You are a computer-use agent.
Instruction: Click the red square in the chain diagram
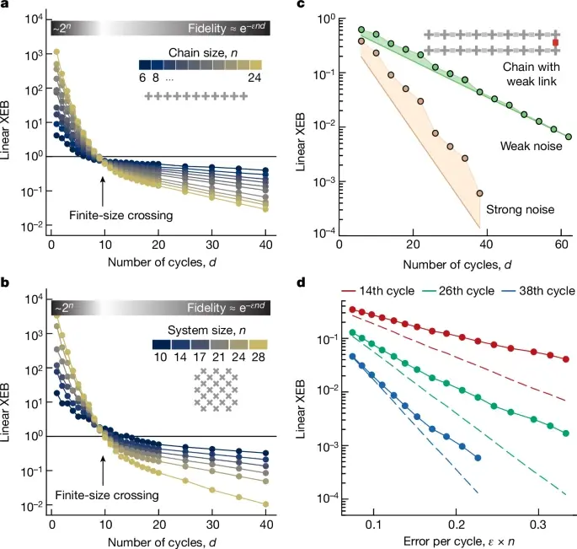555,42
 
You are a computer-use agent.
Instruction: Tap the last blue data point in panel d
478,458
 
